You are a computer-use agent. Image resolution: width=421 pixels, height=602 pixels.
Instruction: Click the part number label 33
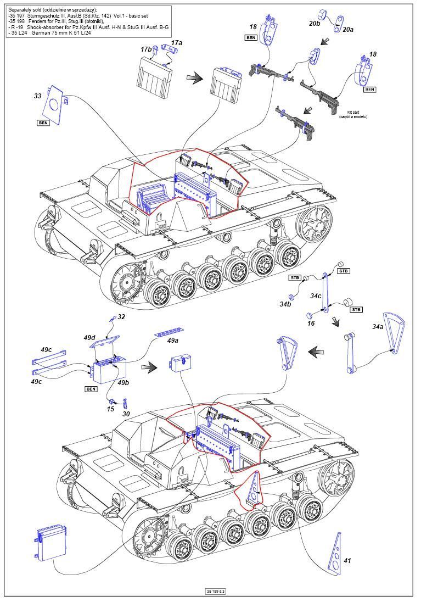(37, 96)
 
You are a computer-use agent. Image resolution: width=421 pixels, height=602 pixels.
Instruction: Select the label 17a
(176, 42)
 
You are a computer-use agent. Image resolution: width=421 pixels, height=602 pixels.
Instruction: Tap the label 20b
(315, 24)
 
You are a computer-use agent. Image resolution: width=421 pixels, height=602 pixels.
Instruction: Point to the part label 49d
(89, 337)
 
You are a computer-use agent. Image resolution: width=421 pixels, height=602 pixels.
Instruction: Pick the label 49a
(173, 340)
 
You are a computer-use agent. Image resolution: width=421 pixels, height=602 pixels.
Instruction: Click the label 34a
(378, 326)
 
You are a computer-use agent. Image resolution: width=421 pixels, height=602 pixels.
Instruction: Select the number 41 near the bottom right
(347, 561)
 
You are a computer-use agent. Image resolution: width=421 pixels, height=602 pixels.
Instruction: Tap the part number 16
(310, 324)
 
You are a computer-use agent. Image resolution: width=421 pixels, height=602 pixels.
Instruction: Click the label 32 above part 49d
(121, 317)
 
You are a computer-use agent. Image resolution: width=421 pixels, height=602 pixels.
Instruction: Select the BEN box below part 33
(43, 123)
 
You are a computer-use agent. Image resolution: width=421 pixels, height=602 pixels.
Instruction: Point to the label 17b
(145, 49)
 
